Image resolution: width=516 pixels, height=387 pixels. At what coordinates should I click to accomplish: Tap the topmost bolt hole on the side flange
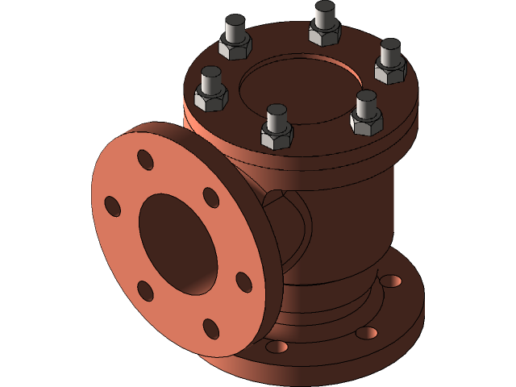pos(145,159)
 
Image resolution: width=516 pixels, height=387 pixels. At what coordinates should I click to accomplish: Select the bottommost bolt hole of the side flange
pos(210,328)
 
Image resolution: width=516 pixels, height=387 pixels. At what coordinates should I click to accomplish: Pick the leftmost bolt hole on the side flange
pos(112,206)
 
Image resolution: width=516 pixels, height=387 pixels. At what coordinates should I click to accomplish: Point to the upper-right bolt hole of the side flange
pos(210,197)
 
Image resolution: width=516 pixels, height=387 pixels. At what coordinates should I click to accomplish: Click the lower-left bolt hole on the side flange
pos(145,290)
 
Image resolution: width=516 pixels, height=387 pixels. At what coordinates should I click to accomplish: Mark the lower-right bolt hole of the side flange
pos(243,281)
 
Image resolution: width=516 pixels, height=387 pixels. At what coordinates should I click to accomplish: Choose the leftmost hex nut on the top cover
pos(211,97)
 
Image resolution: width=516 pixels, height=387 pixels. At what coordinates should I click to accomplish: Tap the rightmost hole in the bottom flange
pos(391,280)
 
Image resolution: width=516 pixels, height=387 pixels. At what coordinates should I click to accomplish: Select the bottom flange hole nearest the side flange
pos(277,347)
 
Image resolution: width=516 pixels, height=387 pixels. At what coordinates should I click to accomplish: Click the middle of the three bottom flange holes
pos(366,332)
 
